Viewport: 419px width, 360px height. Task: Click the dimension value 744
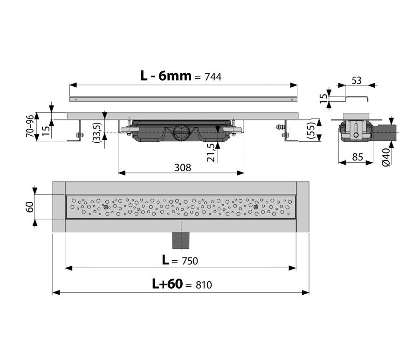tap(213, 77)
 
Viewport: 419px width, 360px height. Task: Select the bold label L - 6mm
tap(166, 76)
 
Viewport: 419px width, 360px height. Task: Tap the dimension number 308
tap(183, 168)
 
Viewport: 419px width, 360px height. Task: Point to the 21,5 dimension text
tap(211, 152)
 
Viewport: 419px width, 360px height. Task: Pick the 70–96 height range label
tap(30, 126)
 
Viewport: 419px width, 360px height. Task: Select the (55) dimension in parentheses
tap(311, 130)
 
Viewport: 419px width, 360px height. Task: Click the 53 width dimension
tap(357, 80)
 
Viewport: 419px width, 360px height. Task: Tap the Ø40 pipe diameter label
tap(386, 158)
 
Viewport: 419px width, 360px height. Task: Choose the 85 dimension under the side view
tap(357, 157)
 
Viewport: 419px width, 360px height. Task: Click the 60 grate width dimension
tap(30, 207)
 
